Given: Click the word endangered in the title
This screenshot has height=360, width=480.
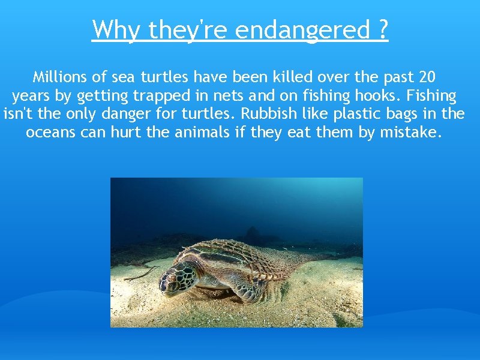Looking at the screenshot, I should [302, 29].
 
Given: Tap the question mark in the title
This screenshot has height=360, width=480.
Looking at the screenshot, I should [383, 29].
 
